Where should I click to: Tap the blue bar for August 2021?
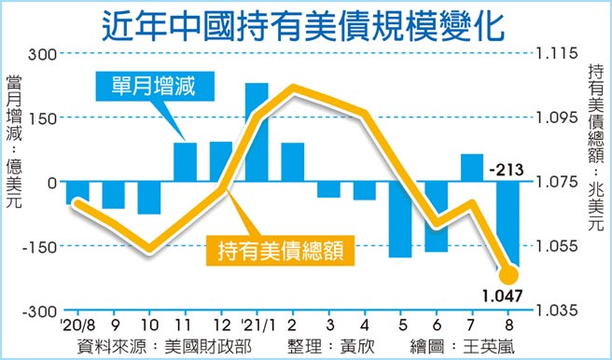click(x=508, y=224)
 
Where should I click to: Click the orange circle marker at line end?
click(x=508, y=275)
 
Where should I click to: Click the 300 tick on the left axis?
click(x=42, y=54)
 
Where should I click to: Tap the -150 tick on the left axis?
click(x=39, y=246)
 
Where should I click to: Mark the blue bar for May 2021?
click(x=400, y=219)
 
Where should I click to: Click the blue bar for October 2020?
click(x=149, y=198)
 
